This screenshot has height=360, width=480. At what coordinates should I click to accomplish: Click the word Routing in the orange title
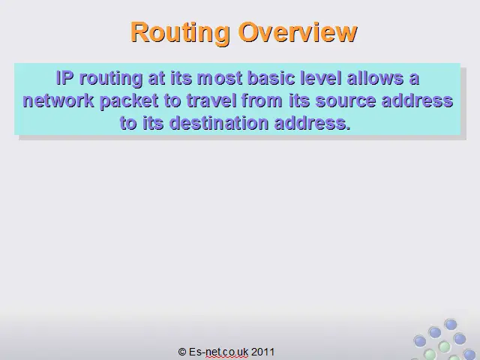coord(180,33)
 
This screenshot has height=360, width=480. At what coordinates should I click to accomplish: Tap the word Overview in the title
coord(298,31)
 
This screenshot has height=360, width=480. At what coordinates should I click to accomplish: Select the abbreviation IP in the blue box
coord(65,78)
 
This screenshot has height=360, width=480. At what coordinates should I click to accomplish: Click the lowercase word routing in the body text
coord(111,79)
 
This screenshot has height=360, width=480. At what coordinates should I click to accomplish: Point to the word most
coord(220,78)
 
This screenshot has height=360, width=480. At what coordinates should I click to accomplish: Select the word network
coord(58,100)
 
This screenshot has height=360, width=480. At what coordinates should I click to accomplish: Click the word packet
coord(129,102)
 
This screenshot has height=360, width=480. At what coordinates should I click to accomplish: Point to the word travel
coord(211,100)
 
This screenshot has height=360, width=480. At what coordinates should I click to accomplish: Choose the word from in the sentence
coord(262,100)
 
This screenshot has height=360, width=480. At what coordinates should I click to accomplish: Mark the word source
coord(345,102)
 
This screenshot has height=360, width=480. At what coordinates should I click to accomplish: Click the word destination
coord(219,123)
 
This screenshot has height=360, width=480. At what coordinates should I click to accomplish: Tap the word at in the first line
coord(157,79)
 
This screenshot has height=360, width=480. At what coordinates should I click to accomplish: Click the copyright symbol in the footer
coord(182,352)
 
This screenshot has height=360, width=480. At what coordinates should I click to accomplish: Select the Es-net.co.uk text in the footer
coord(218,352)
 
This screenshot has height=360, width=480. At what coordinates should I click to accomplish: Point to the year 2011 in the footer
coord(262,352)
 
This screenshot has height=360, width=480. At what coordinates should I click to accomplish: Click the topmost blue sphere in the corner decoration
coord(450,324)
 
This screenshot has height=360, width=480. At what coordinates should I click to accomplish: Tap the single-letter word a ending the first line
coord(414,79)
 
